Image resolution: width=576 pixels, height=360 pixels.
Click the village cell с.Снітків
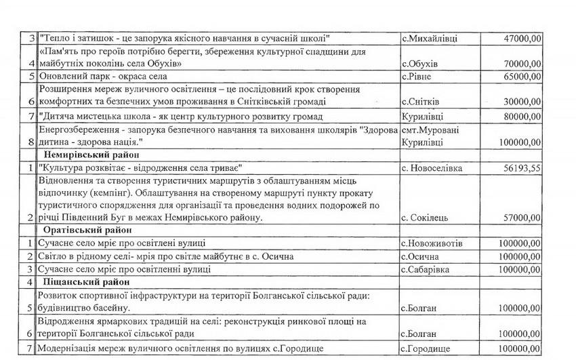423,102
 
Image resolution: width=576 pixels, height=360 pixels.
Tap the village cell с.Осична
420,256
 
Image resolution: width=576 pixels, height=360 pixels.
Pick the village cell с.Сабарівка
428,269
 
